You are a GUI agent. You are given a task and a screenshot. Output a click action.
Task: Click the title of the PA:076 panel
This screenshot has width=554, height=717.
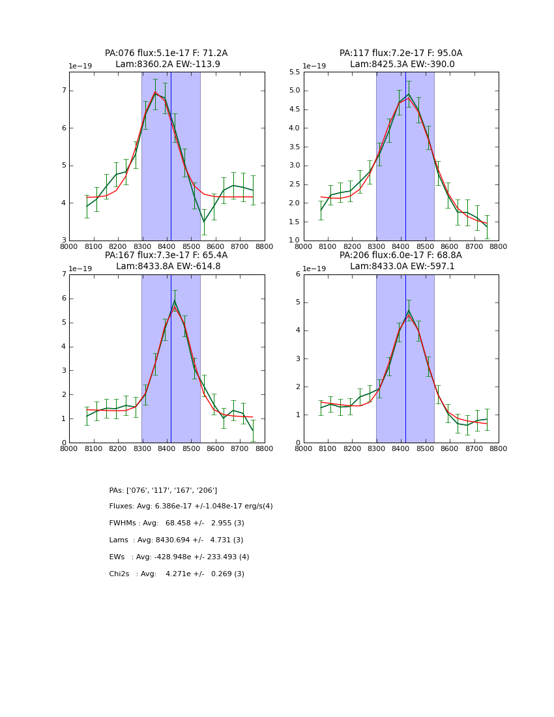[x=166, y=59]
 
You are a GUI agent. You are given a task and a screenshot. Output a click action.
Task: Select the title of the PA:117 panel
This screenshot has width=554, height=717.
[x=401, y=59]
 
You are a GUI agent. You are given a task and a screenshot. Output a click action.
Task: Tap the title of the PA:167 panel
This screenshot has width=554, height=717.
[x=166, y=261]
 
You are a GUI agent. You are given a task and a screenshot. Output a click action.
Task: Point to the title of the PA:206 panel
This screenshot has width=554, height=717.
[x=401, y=261]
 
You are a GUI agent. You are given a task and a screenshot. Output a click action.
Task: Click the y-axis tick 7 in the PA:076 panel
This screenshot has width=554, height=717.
[x=64, y=91]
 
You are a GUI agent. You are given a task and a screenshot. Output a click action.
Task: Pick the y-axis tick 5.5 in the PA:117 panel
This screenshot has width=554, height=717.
[x=293, y=72]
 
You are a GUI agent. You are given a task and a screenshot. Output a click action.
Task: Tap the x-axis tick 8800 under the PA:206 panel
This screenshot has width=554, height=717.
[x=499, y=448]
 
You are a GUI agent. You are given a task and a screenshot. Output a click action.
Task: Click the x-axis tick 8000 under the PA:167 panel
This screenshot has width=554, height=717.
[x=69, y=448]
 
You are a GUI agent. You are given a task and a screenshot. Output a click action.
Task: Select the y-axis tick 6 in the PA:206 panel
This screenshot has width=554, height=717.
[x=297, y=274]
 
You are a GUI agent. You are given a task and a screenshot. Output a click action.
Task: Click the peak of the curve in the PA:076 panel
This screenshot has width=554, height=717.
[x=155, y=93]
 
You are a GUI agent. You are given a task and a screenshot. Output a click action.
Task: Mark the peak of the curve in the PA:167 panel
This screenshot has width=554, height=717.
[x=174, y=301]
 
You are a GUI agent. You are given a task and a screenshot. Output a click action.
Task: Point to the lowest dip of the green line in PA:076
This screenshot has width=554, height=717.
[x=203, y=222]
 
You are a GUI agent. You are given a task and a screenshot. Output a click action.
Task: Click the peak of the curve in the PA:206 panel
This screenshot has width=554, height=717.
[x=409, y=311]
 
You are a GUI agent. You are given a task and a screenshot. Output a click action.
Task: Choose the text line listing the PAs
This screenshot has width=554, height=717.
[x=163, y=490]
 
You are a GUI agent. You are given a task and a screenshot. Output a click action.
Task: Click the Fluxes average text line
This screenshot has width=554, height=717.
[x=191, y=506]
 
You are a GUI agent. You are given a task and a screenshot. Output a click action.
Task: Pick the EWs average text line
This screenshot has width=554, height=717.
[x=179, y=557]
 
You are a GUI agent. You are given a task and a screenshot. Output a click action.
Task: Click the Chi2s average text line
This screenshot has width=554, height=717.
[x=177, y=574]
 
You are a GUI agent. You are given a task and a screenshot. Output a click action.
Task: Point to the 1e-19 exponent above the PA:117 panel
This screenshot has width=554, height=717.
[x=315, y=66]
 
